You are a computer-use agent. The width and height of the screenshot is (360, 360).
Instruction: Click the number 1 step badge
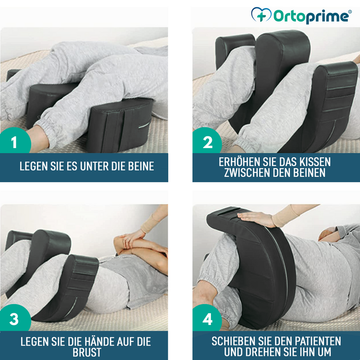pyautogui.click(x=14, y=141)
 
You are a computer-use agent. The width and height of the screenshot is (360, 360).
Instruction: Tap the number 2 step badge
pyautogui.click(x=207, y=141)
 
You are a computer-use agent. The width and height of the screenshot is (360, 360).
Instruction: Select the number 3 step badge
pyautogui.click(x=14, y=319)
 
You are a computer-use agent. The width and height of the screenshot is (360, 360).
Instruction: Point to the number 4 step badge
pyautogui.click(x=207, y=319)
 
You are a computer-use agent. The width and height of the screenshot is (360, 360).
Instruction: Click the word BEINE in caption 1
pyautogui.click(x=139, y=166)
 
